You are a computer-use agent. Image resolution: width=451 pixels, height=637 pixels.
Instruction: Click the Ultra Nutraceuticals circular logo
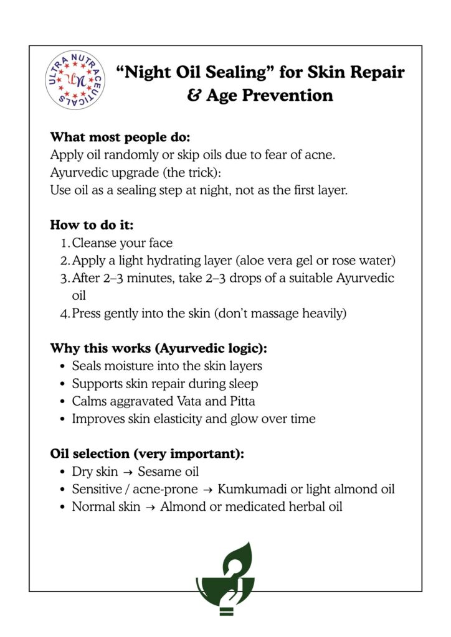(x=75, y=80)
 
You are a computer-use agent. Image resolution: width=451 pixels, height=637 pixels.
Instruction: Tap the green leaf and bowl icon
(x=225, y=579)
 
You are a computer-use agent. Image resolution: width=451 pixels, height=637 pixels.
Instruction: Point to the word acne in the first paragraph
(x=321, y=155)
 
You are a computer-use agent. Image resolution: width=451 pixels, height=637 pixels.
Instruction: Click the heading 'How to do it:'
(x=92, y=225)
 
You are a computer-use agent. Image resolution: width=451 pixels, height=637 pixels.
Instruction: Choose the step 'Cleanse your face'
(x=122, y=243)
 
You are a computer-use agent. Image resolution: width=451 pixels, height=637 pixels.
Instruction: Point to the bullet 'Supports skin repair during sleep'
(x=164, y=384)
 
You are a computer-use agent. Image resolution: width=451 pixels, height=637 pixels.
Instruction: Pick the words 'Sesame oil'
(x=168, y=472)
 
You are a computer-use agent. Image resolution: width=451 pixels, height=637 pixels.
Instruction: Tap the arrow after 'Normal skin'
(x=150, y=507)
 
